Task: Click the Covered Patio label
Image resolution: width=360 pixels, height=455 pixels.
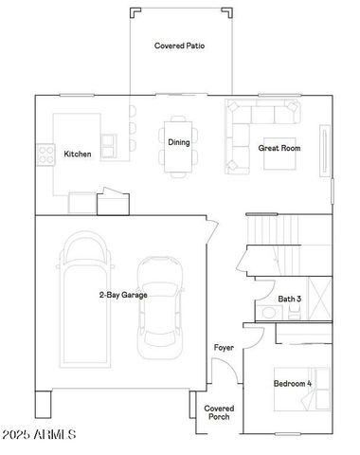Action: pos(179,45)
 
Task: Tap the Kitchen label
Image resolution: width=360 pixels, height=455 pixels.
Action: pos(78,154)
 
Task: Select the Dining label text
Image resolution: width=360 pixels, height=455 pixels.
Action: pos(179,142)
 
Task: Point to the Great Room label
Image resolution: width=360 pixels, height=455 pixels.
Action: pos(279,148)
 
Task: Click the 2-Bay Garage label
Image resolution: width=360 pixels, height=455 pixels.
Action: pos(122,295)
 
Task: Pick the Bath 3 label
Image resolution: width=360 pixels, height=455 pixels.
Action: pos(290,300)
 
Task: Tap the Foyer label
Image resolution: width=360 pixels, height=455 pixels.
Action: pos(224,348)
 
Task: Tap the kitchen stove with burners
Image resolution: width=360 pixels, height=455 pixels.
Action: pos(45,153)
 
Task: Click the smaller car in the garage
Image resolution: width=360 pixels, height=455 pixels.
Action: pos(160,305)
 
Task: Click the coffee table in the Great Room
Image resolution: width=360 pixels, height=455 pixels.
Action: pos(279,156)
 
